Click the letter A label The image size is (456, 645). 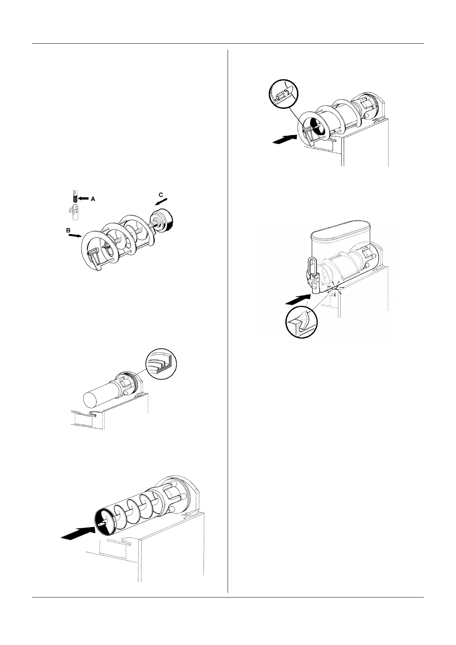point(93,199)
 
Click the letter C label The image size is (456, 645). point(161,195)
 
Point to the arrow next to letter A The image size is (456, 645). point(83,198)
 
